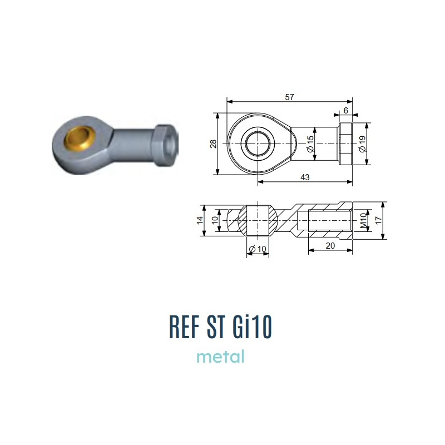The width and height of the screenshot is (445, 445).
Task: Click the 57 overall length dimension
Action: click(289, 97)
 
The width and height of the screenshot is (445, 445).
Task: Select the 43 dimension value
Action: click(305, 177)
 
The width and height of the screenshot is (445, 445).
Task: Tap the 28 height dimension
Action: click(214, 144)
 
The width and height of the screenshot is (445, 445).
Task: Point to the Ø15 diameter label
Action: click(310, 144)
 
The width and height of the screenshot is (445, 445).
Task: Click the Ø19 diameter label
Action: click(363, 144)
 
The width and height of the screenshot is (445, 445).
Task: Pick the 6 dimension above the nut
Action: click(345, 110)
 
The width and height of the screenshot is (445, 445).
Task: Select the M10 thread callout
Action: click(363, 221)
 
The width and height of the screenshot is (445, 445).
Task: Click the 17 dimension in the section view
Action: click(379, 220)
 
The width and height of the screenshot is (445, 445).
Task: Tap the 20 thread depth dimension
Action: click(330, 245)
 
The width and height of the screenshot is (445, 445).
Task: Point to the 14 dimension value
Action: click(200, 220)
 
